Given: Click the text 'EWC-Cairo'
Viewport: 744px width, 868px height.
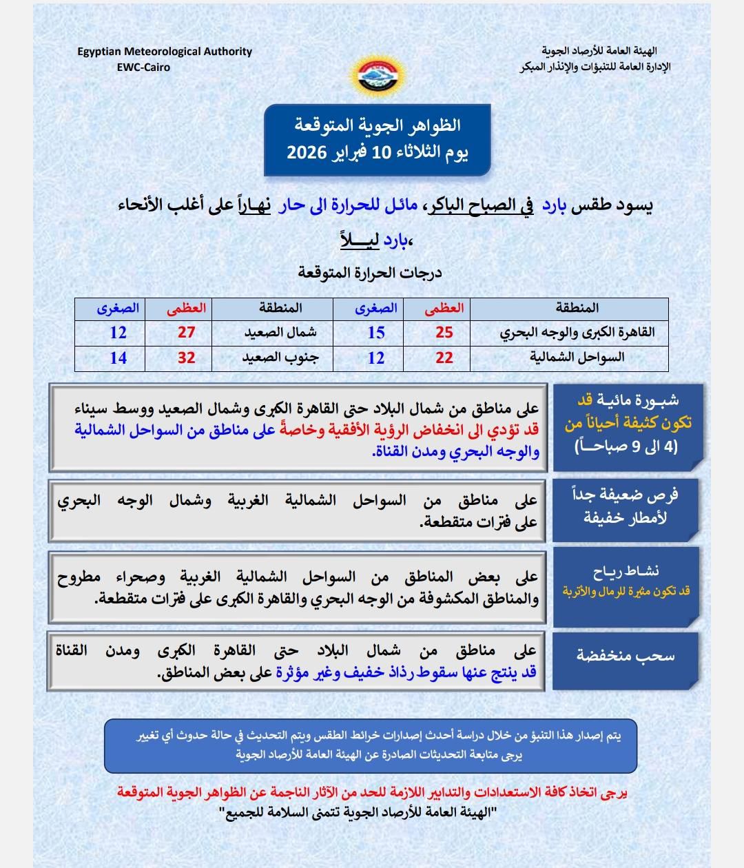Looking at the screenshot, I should pyautogui.click(x=143, y=68).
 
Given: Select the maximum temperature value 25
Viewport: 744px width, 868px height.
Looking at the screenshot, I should pyautogui.click(x=444, y=332).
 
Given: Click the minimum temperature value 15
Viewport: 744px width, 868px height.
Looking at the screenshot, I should pyautogui.click(x=376, y=332).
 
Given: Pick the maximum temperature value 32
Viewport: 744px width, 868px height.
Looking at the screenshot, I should pyautogui.click(x=187, y=358).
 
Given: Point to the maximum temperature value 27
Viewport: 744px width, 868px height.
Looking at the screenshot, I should pyautogui.click(x=187, y=332).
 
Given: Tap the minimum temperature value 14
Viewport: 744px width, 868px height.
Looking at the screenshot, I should pyautogui.click(x=118, y=358).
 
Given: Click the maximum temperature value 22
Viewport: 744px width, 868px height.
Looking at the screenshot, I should pyautogui.click(x=444, y=358).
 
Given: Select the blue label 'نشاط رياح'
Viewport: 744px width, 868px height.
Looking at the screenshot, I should pyautogui.click(x=626, y=571).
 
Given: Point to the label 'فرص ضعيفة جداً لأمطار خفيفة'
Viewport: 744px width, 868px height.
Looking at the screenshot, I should pyautogui.click(x=626, y=506).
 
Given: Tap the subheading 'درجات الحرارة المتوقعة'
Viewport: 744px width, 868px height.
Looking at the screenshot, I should pyautogui.click(x=370, y=273).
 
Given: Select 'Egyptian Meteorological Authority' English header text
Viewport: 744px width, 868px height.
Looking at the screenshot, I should pyautogui.click(x=165, y=52).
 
